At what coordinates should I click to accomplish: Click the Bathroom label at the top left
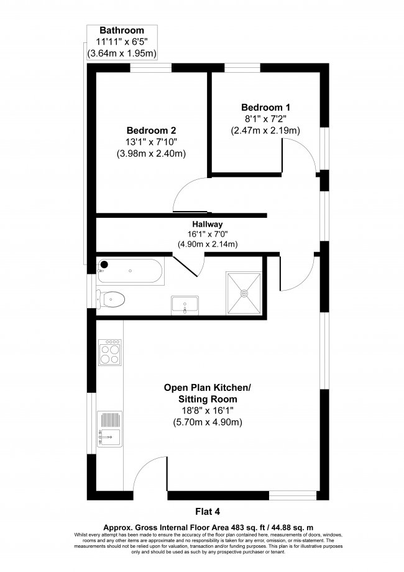122,30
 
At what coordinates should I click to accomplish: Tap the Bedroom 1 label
265,108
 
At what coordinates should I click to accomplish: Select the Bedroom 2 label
151,130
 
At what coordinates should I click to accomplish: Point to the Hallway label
207,224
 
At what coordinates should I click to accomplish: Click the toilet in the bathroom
111,299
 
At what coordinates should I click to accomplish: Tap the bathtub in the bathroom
131,271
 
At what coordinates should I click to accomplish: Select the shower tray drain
244,293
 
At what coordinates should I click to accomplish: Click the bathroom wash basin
185,306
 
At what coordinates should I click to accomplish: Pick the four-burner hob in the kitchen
110,352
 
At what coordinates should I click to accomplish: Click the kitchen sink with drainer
109,429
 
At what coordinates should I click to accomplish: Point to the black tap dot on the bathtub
104,265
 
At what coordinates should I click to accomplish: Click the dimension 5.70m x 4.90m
207,423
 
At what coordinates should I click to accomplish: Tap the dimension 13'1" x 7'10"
151,142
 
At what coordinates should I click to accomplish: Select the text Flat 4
208,512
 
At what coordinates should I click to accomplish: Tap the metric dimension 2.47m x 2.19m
265,130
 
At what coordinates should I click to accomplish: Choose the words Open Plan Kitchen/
207,387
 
